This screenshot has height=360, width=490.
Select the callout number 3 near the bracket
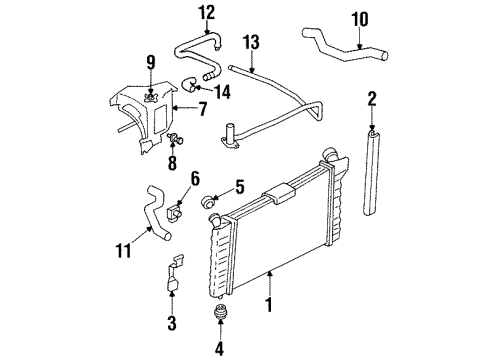coord(171,323)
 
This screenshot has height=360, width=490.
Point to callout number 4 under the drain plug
coord(218,349)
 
